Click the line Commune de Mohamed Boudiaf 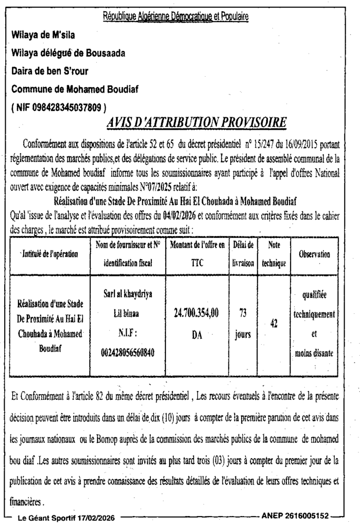pyautogui.click(x=65, y=90)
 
